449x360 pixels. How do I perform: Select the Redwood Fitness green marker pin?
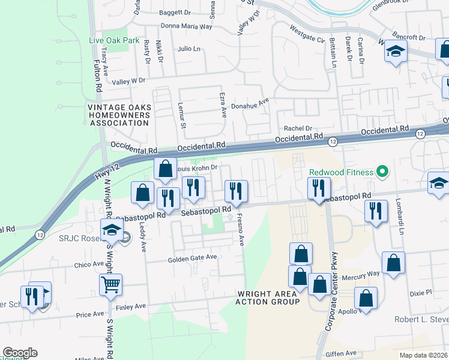pos(382,172)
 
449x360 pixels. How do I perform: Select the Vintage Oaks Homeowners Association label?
pos(118,115)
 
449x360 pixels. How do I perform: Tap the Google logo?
pos(20,353)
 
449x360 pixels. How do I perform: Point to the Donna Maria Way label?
pos(186,26)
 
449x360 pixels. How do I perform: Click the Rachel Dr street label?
pos(298,128)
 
